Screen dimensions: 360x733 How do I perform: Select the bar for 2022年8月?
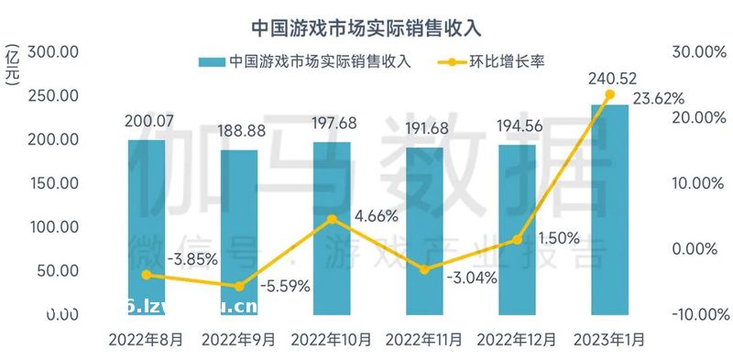point(147,229)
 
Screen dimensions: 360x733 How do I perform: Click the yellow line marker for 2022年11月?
point(424,269)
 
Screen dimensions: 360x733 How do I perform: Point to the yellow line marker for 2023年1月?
point(609,94)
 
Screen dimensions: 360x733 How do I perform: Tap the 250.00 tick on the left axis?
point(54,96)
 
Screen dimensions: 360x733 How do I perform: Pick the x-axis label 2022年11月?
point(424,340)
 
